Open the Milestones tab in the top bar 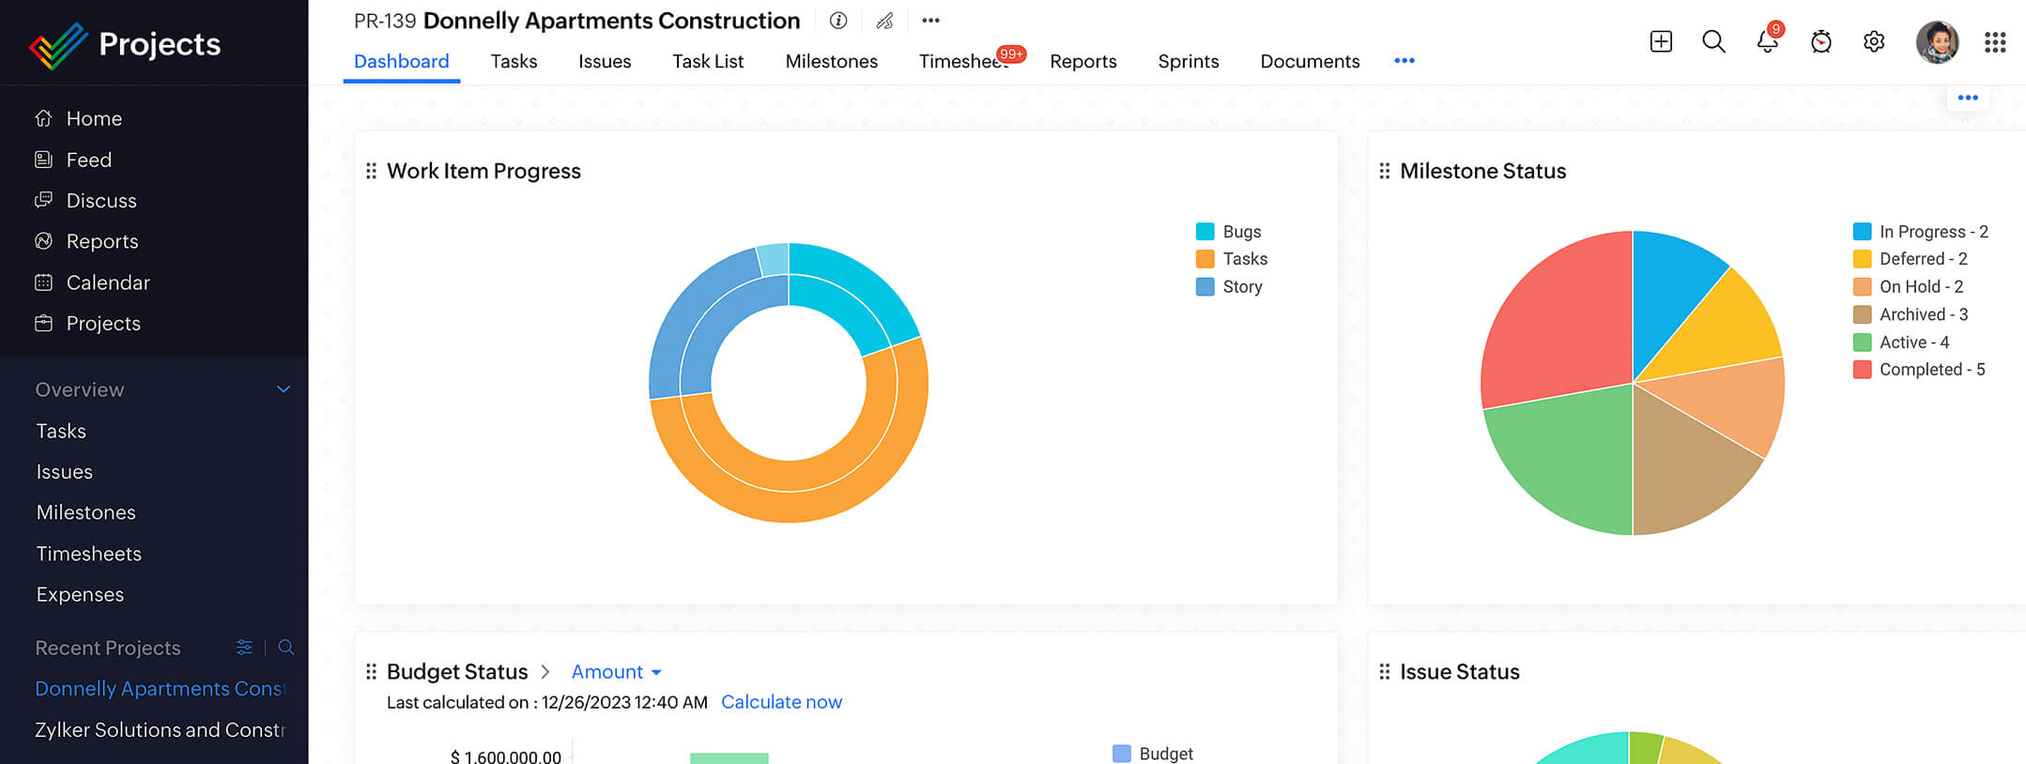(x=831, y=61)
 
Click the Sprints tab (x=1188, y=61)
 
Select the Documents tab (x=1310, y=61)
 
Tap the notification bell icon (x=1767, y=42)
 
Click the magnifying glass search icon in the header (x=1713, y=42)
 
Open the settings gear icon (x=1874, y=42)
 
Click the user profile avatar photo (x=1937, y=42)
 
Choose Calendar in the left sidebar (x=108, y=283)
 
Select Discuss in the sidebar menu (x=101, y=201)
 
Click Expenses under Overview (x=80, y=594)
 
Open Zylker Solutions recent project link (x=160, y=729)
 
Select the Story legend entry (x=1241, y=287)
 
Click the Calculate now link (x=781, y=702)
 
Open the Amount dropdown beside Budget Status (x=616, y=672)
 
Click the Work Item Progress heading (x=483, y=171)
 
